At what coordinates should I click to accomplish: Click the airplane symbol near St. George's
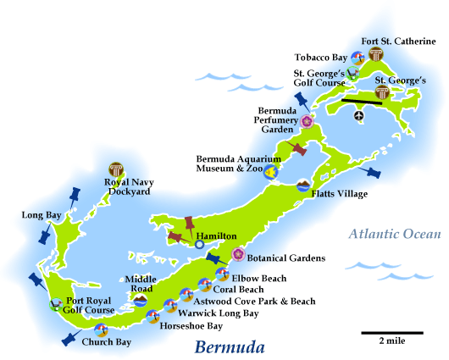pos(358,115)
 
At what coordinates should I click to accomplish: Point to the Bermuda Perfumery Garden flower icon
pos(307,121)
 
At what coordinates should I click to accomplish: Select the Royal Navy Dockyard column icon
pos(116,169)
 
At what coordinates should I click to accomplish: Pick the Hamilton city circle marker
pos(199,244)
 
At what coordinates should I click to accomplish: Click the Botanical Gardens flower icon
pos(239,254)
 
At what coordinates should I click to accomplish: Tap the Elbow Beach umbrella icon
pos(222,274)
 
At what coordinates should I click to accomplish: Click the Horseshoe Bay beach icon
pos(152,316)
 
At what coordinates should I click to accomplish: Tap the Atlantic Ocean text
pos(395,235)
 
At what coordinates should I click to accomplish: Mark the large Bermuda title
pos(229,346)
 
